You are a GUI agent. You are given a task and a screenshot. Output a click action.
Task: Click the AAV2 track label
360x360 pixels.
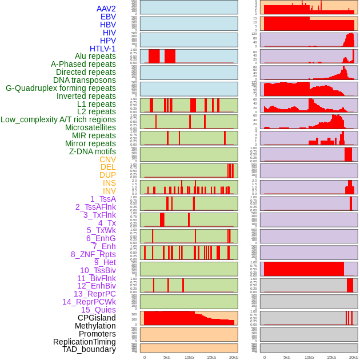(x=106, y=9)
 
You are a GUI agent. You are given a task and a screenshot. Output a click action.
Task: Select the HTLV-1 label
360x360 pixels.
(x=102, y=49)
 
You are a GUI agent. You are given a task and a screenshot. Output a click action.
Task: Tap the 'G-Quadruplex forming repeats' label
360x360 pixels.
(x=61, y=88)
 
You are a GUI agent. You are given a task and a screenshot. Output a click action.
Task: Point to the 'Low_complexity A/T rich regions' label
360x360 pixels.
(x=58, y=119)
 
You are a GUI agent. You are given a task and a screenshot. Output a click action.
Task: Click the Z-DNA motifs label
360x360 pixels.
(x=92, y=151)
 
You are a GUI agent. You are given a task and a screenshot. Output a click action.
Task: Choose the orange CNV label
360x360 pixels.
(x=107, y=159)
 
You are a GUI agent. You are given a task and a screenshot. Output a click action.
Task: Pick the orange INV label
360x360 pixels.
(x=109, y=191)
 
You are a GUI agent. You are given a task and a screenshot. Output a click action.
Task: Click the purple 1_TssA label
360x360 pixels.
(x=103, y=199)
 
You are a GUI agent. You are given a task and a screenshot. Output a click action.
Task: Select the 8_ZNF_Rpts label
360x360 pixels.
(x=93, y=254)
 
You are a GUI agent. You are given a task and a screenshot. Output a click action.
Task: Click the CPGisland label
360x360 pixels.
(x=97, y=318)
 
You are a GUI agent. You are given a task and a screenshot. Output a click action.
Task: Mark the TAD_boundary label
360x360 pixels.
(x=89, y=349)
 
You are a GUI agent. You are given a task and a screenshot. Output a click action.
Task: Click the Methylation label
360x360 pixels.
(x=95, y=326)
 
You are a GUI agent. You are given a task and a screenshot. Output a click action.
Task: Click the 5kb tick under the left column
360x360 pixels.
(x=167, y=357)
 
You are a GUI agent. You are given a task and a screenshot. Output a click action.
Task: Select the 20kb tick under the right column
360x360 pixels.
(x=354, y=357)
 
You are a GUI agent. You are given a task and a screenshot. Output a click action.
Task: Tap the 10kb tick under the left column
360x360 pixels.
(x=189, y=357)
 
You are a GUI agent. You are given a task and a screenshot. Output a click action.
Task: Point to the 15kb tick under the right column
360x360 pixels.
(x=331, y=357)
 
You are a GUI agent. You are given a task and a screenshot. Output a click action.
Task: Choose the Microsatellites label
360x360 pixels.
(x=90, y=127)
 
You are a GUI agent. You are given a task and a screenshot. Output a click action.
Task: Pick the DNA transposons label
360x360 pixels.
(x=85, y=80)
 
